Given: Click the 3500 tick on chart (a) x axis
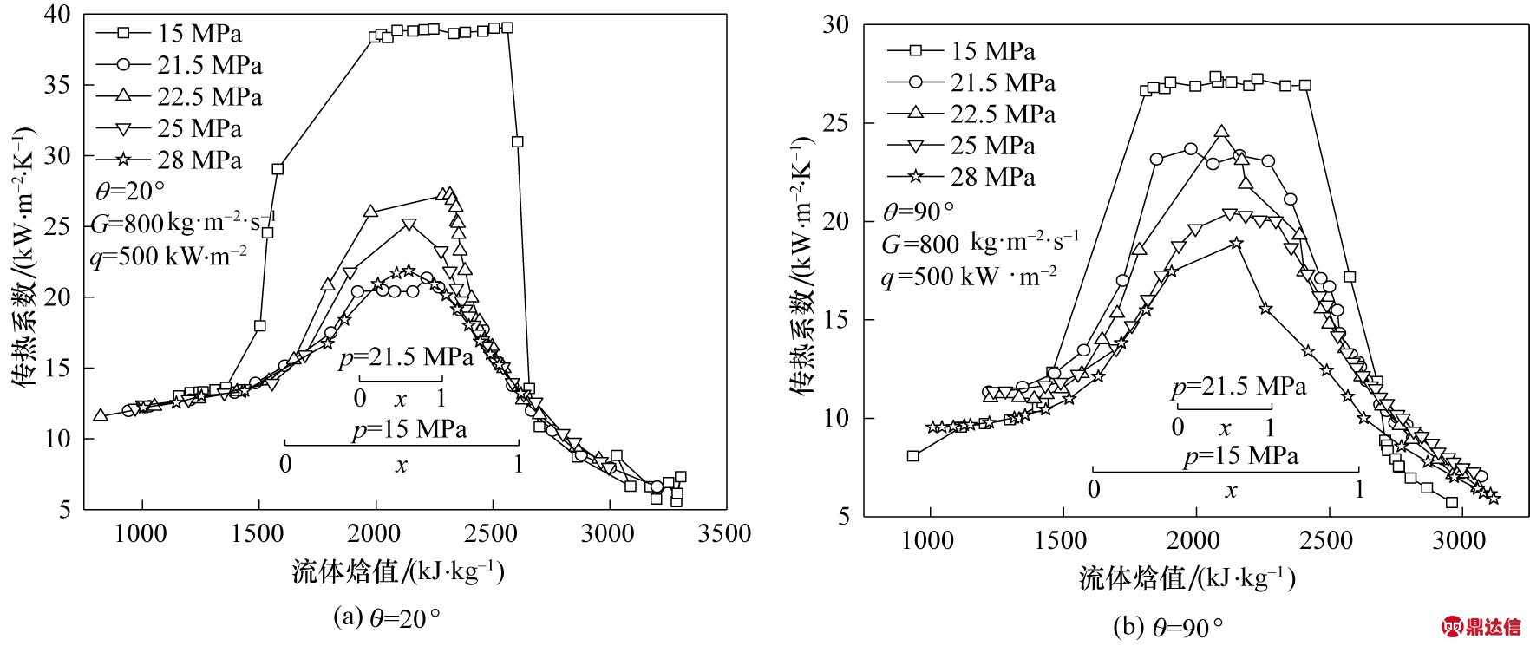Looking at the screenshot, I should click(722, 533).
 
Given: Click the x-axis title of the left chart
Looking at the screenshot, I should click(398, 571).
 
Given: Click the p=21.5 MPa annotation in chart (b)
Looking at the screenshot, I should click(1238, 387).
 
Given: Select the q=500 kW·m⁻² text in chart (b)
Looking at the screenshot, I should click(969, 277).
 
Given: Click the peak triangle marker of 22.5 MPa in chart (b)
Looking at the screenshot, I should click(1222, 132).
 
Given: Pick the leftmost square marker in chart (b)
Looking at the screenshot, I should click(912, 455).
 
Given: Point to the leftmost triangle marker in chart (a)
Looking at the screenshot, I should click(101, 415).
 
